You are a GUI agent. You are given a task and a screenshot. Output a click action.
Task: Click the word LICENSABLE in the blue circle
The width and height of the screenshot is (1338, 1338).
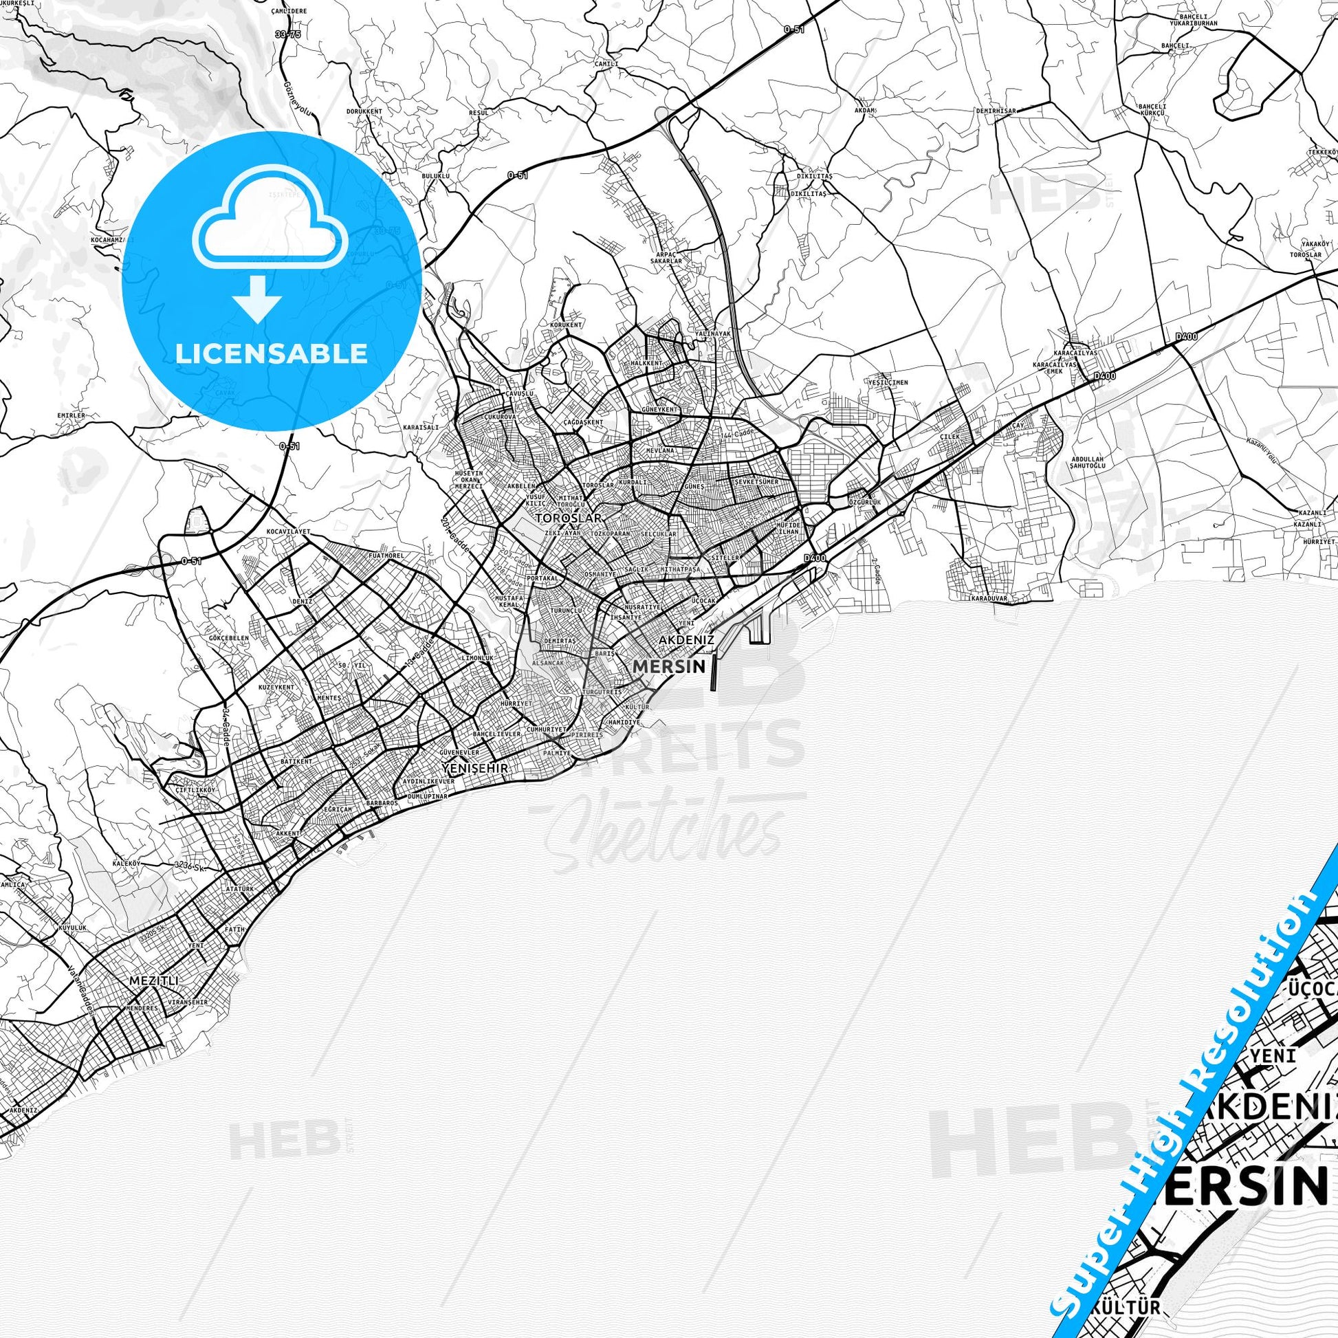(x=271, y=353)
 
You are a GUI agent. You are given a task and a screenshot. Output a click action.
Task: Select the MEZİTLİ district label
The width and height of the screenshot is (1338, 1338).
(x=155, y=1020)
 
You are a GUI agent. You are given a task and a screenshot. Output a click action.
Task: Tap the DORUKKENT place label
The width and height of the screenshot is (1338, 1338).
(x=364, y=111)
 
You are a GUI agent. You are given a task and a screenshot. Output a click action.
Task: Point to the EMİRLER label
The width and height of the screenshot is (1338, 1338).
(x=72, y=415)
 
